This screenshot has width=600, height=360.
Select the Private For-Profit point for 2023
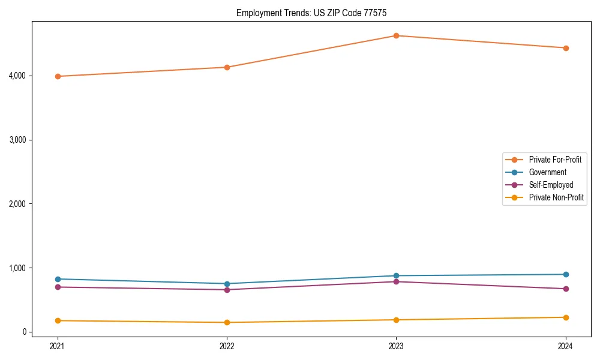[x=396, y=35]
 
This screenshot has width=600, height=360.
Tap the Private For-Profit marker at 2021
[x=58, y=76]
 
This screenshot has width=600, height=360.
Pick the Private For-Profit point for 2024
[x=566, y=48]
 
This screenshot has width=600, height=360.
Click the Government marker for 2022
[x=227, y=284]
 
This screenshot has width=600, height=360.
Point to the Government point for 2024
[x=566, y=274]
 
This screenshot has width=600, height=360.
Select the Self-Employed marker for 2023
[x=396, y=281]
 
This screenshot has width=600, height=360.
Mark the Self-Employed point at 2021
[x=58, y=287]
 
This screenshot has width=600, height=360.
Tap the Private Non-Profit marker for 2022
[x=227, y=322]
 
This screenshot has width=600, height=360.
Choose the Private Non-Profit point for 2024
[x=566, y=317]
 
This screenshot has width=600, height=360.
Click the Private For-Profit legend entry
[x=554, y=160]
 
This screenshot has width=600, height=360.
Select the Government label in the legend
[x=547, y=172]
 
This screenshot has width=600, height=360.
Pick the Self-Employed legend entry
[x=551, y=185]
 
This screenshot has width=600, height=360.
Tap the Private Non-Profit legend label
[x=556, y=197]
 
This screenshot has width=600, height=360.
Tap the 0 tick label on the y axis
[x=24, y=332]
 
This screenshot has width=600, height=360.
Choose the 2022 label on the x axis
[x=227, y=346]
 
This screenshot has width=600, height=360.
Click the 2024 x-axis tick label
[x=566, y=346]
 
